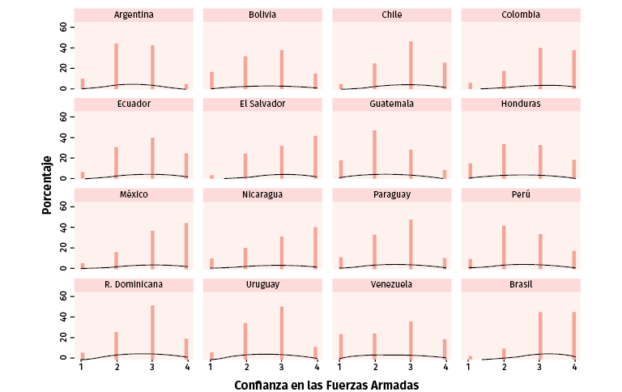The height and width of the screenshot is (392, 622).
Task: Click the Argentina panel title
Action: [x=134, y=15]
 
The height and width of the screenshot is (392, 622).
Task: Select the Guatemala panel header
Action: [x=391, y=104]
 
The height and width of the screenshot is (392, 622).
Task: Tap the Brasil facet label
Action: [x=521, y=284]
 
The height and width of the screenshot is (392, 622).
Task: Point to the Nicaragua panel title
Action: [x=262, y=194]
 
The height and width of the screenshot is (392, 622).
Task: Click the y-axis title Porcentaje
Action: [x=48, y=185]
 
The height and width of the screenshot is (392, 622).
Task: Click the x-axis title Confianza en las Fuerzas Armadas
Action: [x=326, y=386]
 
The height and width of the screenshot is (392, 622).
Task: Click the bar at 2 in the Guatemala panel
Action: [x=374, y=154]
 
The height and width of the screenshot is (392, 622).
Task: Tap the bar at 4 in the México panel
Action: [x=186, y=245]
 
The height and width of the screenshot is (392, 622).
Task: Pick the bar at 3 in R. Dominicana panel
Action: [x=151, y=331]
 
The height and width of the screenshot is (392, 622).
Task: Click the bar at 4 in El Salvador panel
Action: [x=315, y=157]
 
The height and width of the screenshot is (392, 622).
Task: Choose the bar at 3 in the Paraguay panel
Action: [x=411, y=244]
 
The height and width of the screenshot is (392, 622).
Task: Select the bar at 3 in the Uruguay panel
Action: [x=281, y=332]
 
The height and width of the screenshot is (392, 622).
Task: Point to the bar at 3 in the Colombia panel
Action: [x=539, y=68]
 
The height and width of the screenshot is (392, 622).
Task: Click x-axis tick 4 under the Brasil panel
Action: [x=574, y=367]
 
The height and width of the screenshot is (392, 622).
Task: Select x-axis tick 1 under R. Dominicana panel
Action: [x=81, y=367]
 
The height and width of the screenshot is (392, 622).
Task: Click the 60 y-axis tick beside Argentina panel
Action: [x=64, y=27]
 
